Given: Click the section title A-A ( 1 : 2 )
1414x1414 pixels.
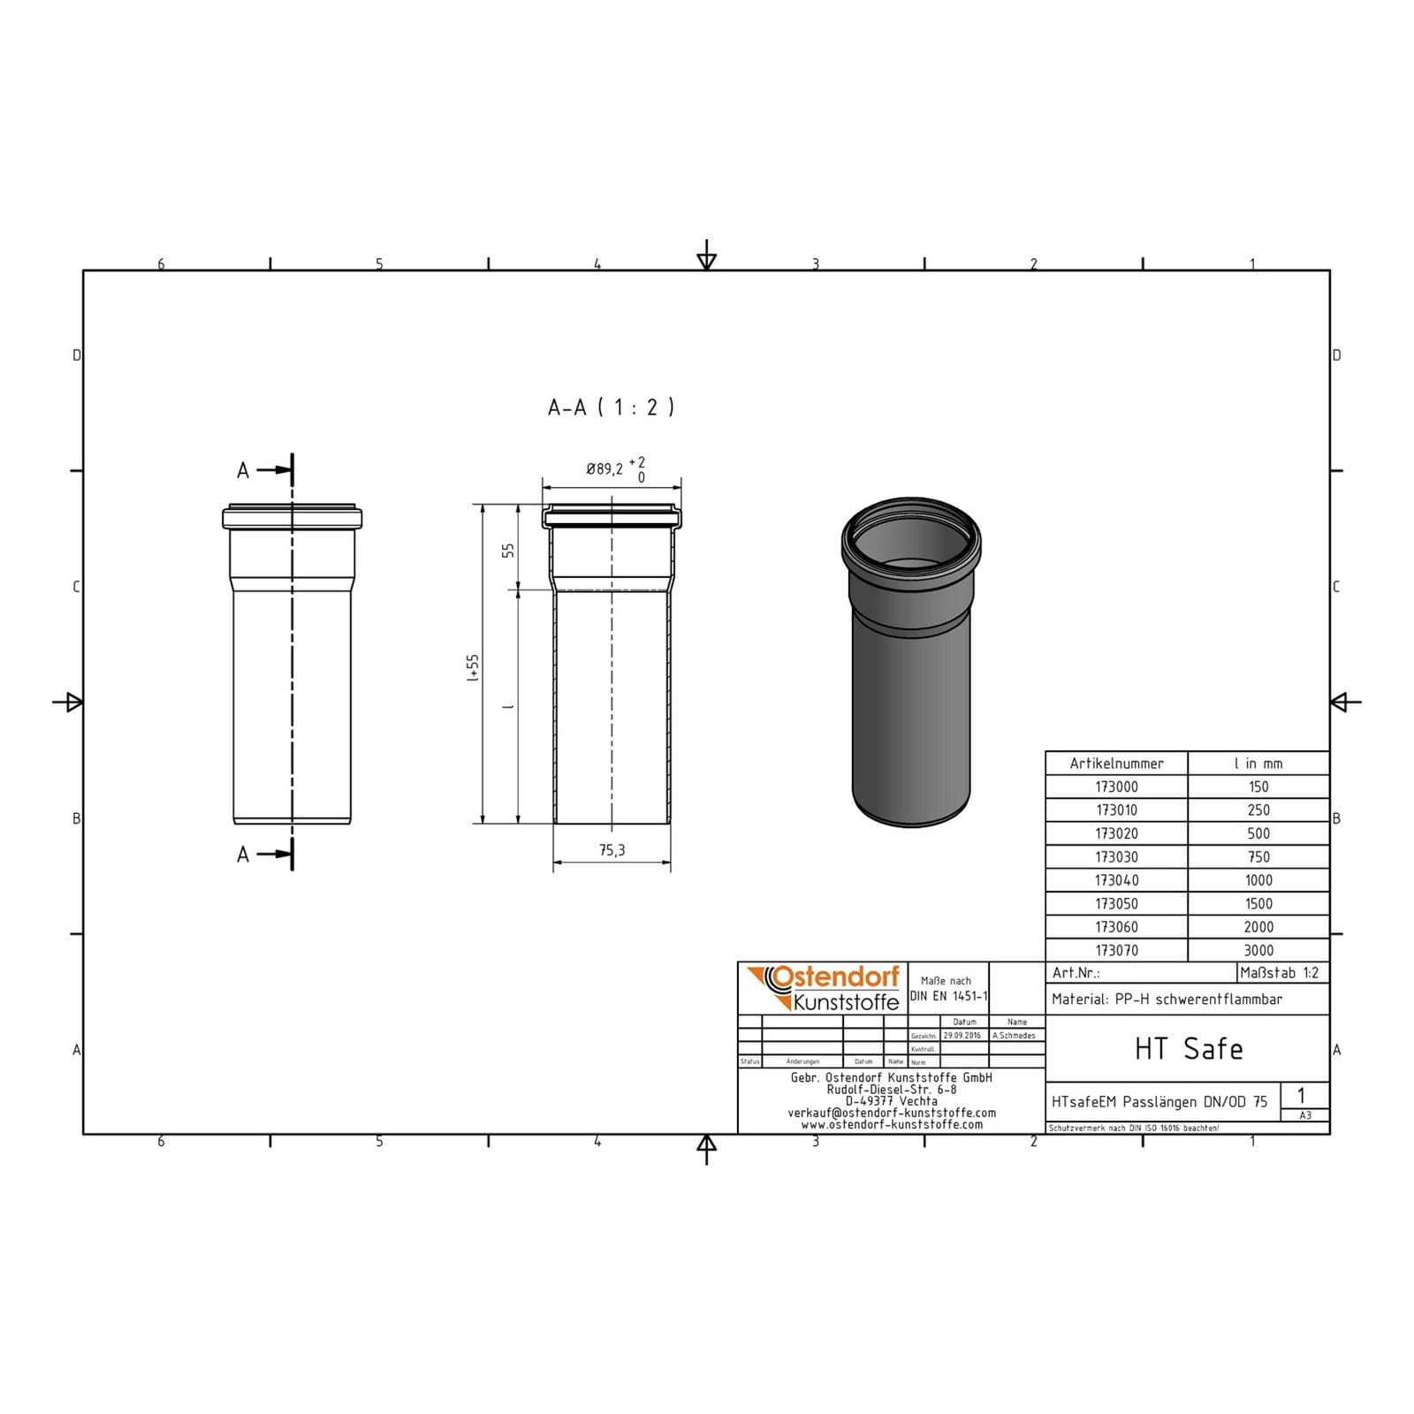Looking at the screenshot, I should click(x=611, y=407).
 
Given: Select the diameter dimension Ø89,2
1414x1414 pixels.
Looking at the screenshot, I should click(x=604, y=469).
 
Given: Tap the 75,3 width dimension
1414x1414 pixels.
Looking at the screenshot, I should click(x=612, y=850).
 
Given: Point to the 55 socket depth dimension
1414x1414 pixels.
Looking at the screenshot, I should click(x=508, y=550).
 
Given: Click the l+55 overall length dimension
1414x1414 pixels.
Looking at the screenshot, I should click(x=473, y=668).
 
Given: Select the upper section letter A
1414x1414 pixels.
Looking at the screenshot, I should click(x=243, y=471).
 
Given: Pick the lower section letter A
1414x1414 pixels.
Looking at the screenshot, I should click(x=243, y=855).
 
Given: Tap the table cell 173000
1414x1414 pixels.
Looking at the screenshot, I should click(x=1116, y=787).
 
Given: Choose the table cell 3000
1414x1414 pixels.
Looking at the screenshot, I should click(x=1258, y=951).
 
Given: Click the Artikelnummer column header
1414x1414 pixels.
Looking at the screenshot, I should click(x=1116, y=764).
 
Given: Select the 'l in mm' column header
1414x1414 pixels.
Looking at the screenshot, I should click(x=1258, y=764).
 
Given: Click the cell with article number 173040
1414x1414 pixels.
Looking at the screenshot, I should click(x=1116, y=880).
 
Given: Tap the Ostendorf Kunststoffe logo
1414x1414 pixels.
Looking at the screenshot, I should click(x=824, y=988).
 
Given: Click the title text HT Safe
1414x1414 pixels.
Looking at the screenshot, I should click(x=1188, y=1049).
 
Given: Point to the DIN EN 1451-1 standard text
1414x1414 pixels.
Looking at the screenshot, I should click(x=948, y=996).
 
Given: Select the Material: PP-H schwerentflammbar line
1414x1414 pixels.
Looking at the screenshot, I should click(x=1167, y=1000).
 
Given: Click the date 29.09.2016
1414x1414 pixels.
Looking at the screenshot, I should click(x=962, y=1036).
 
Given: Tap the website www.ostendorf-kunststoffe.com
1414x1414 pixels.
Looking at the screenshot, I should click(x=891, y=1125).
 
